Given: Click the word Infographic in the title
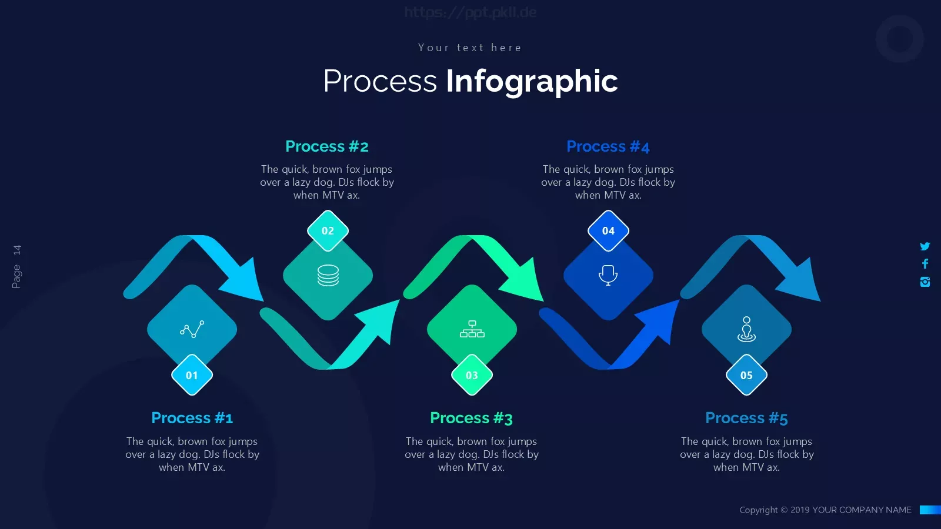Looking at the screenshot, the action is (x=532, y=82).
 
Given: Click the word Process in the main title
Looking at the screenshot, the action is (x=380, y=81).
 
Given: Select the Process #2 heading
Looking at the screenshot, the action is (x=327, y=146).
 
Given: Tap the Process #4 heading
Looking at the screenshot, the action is (x=608, y=146).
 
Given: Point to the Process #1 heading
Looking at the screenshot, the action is (x=192, y=418).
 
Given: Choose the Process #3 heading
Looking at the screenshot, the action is (x=471, y=418).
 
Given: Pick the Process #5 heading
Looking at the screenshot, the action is (x=746, y=418).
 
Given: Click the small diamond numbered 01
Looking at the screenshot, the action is (x=192, y=375).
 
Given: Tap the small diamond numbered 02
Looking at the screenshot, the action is (x=328, y=231).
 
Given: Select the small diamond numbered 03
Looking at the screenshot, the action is (x=472, y=375).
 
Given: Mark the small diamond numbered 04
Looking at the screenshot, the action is (x=608, y=231).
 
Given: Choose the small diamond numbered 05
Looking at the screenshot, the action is (x=746, y=375).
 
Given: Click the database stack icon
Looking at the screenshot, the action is (x=328, y=276).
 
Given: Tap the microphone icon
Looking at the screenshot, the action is (x=608, y=276).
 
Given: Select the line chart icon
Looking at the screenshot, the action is (x=192, y=329).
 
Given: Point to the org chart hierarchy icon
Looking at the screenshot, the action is (x=472, y=329).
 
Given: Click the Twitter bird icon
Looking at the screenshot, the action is (x=925, y=246).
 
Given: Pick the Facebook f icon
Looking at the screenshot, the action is (x=925, y=264).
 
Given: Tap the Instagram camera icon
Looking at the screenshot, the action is (x=925, y=282).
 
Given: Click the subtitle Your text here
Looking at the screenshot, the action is (x=470, y=48).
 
